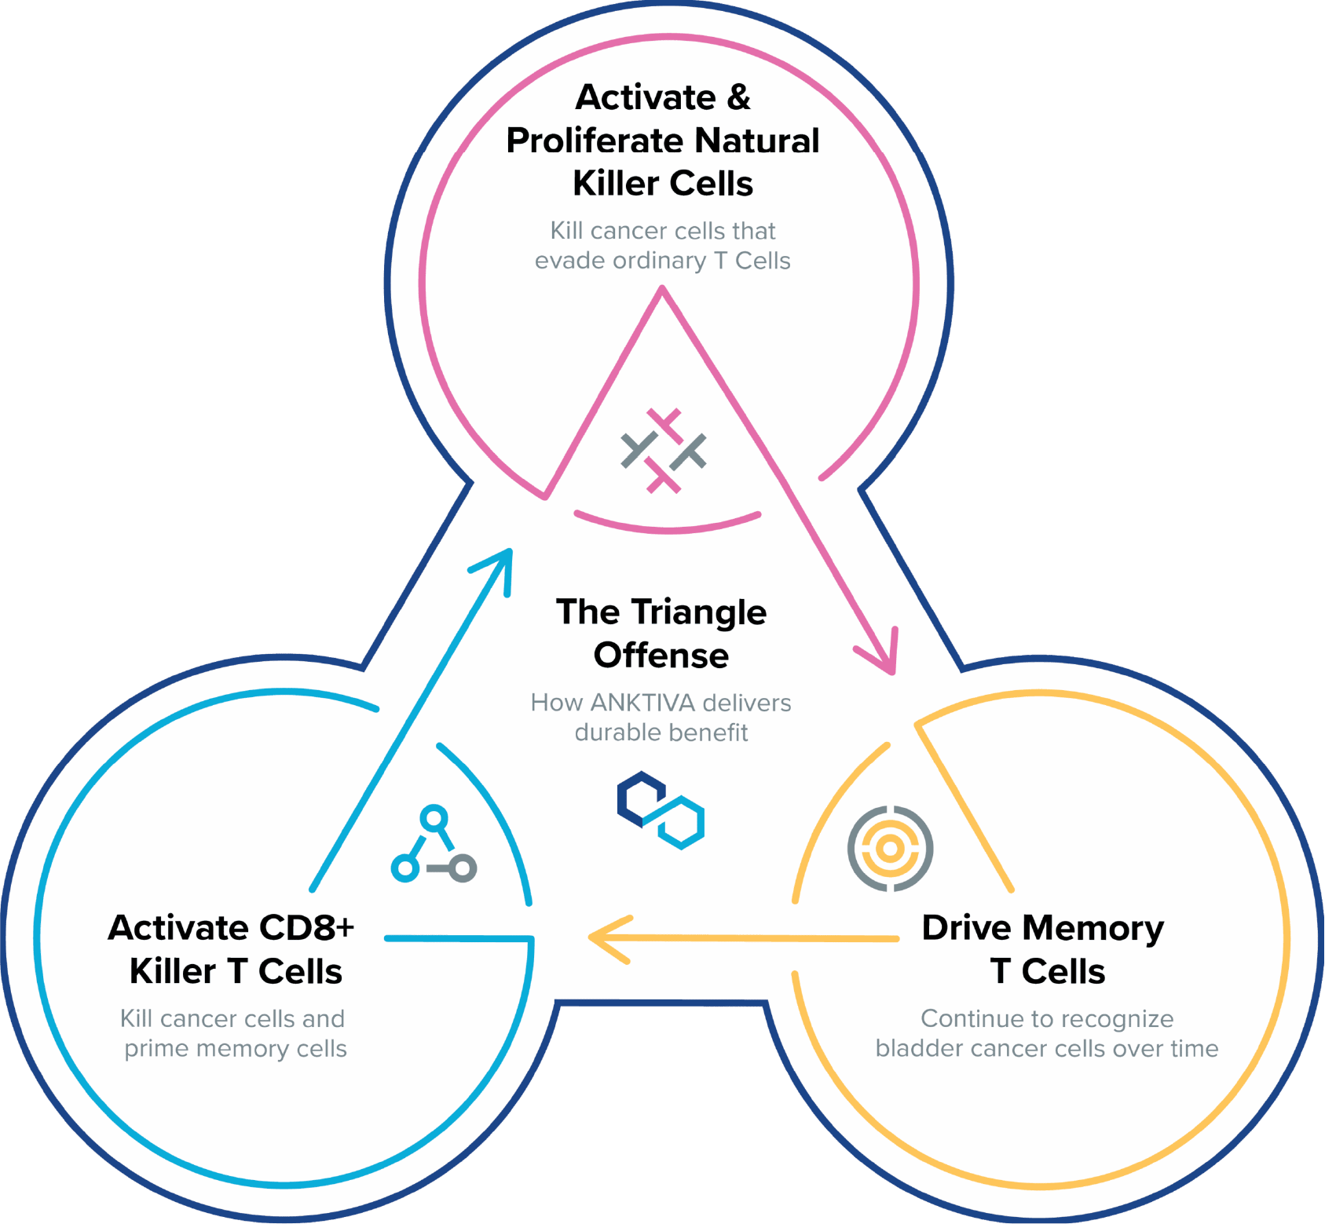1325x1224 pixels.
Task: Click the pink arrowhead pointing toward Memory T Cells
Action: point(885,658)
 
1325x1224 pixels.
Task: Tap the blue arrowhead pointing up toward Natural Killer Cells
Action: point(500,564)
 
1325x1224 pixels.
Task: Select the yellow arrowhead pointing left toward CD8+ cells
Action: point(606,938)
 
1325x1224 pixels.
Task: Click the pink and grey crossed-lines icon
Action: point(664,451)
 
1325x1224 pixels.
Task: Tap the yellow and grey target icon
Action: point(890,848)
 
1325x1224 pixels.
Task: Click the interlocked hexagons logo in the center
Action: point(661,809)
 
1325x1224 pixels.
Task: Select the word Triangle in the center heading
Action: point(698,612)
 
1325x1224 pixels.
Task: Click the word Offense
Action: point(661,656)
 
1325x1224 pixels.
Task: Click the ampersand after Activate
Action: point(738,98)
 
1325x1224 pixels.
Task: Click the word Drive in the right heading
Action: point(965,928)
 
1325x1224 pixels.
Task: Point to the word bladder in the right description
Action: point(910,1049)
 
